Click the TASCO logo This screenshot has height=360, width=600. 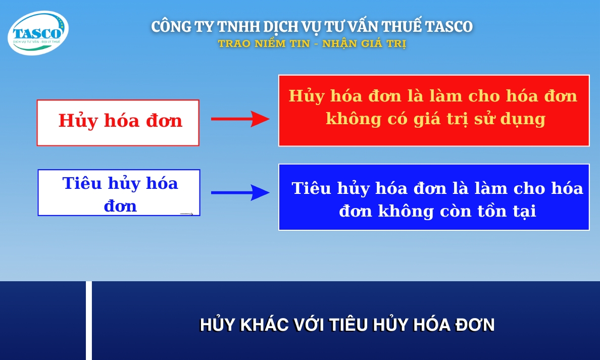pos(38,33)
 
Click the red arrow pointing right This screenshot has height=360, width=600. pos(240,119)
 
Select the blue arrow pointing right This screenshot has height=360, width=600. pos(240,192)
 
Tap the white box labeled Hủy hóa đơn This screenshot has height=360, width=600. pos(118,123)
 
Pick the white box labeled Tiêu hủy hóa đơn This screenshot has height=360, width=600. pos(119,193)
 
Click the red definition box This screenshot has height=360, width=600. pos(434,111)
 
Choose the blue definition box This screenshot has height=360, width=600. pos(434,197)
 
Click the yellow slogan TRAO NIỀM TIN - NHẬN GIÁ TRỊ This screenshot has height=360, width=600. pos(312,44)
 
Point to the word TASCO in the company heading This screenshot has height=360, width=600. pos(449,27)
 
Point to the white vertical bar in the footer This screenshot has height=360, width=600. pos(89,321)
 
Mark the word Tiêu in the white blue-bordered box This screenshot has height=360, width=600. pos(82,183)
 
